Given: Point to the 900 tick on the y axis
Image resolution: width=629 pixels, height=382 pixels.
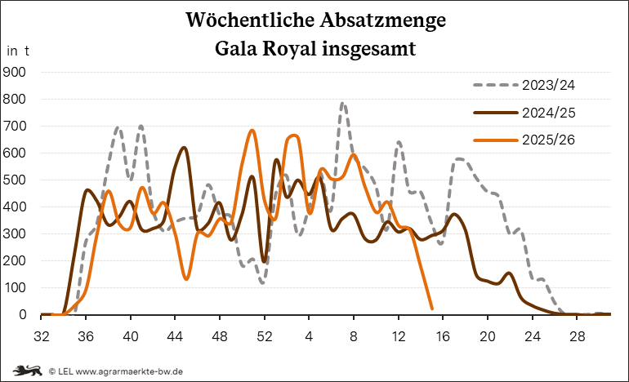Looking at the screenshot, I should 16,73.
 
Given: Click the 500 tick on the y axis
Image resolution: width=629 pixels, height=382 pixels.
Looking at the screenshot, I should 16,180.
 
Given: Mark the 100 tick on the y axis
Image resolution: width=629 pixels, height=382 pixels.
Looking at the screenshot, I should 16,288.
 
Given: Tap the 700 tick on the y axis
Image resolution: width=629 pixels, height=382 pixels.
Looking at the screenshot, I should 16,127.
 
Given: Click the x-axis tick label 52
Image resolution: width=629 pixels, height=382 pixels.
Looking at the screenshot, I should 264,336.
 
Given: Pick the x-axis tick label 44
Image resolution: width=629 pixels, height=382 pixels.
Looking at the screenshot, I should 175,336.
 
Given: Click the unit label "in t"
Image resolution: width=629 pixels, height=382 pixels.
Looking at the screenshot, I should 18,51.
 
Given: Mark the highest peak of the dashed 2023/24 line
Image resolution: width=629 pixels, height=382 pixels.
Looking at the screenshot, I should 342,103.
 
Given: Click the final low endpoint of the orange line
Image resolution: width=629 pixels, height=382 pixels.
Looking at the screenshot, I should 431,308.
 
